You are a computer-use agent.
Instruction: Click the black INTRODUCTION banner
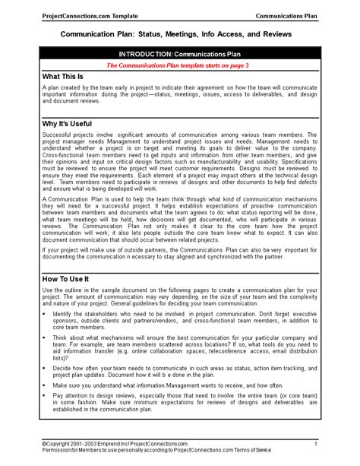[179, 55]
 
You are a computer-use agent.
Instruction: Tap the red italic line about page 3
[179, 65]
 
